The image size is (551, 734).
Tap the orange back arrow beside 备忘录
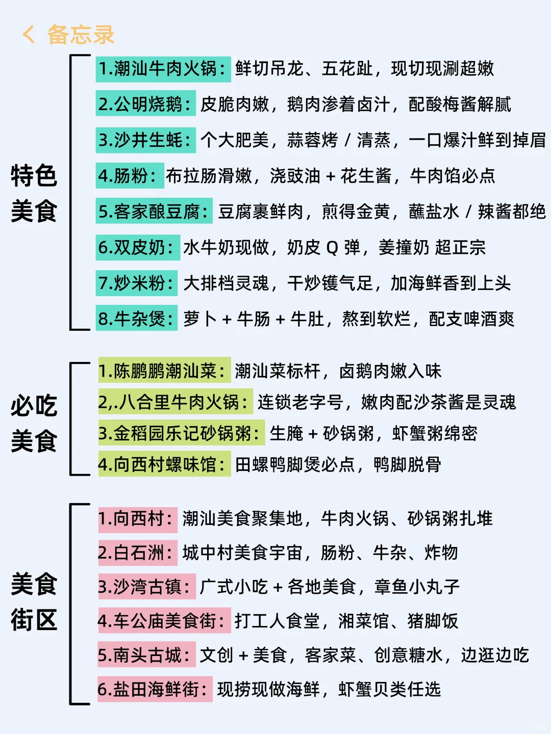point(29,35)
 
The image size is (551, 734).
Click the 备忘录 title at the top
point(81,35)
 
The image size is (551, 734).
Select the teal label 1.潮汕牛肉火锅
point(163,69)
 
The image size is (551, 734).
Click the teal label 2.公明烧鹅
point(145,104)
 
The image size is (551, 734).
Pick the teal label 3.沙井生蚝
point(145,140)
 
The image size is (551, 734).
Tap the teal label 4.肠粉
point(129,176)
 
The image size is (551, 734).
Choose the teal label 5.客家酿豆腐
point(154,212)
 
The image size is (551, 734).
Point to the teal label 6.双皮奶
point(137,248)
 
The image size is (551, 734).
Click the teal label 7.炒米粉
point(136,283)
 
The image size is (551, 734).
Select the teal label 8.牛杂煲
point(136,319)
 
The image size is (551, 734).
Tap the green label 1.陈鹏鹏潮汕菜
point(164,371)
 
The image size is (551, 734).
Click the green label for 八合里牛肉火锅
point(175,402)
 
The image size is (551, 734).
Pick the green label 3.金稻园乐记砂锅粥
point(181,434)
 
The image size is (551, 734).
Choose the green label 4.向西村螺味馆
point(164,464)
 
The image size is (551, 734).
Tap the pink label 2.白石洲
point(137,553)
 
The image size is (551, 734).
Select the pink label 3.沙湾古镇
point(146,587)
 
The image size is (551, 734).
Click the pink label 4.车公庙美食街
point(164,621)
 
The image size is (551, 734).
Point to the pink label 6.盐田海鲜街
point(155,689)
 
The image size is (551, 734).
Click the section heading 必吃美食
point(34,424)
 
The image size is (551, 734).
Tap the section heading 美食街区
point(34,602)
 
